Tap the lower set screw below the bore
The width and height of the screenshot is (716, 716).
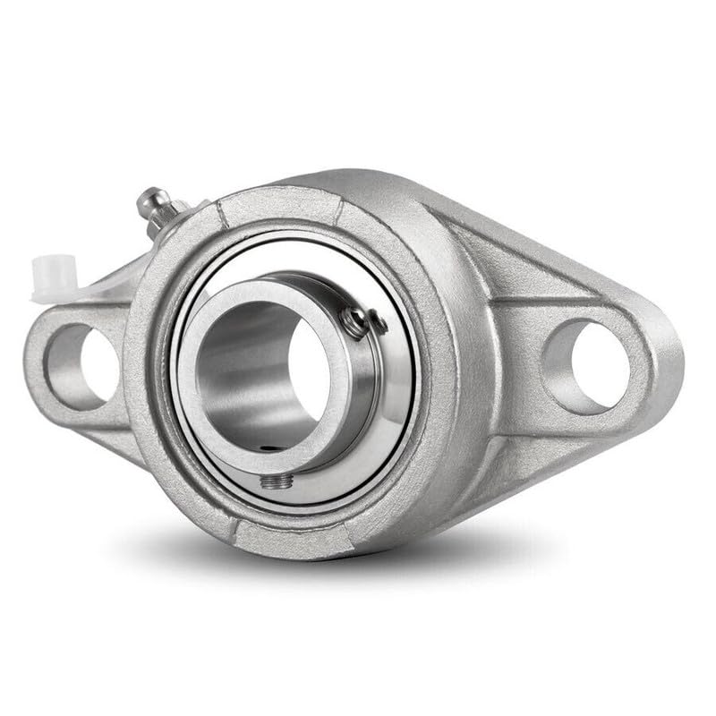pyautogui.click(x=272, y=482)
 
